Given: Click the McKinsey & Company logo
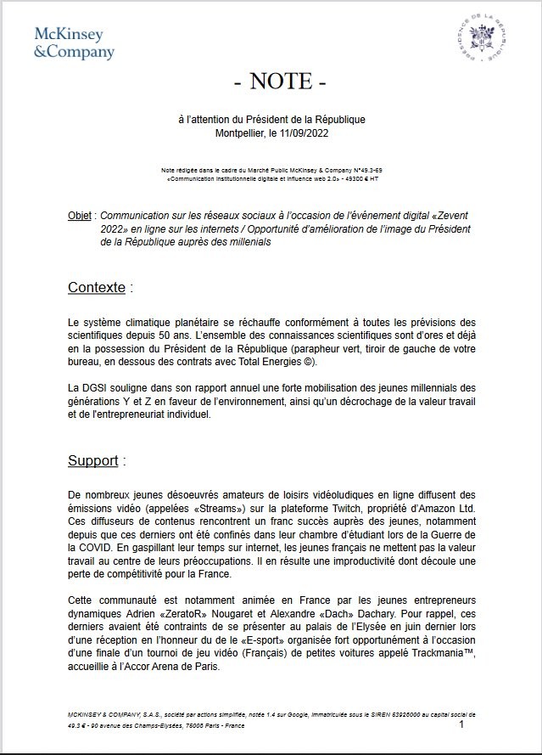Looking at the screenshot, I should pyautogui.click(x=74, y=42).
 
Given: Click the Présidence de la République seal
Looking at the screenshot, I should pyautogui.click(x=481, y=41).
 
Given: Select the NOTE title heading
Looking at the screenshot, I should pyautogui.click(x=279, y=82).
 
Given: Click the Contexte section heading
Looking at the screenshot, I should pyautogui.click(x=97, y=288).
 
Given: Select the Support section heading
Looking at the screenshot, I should pyautogui.click(x=93, y=461).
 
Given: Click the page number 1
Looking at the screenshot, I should pyautogui.click(x=461, y=724).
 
